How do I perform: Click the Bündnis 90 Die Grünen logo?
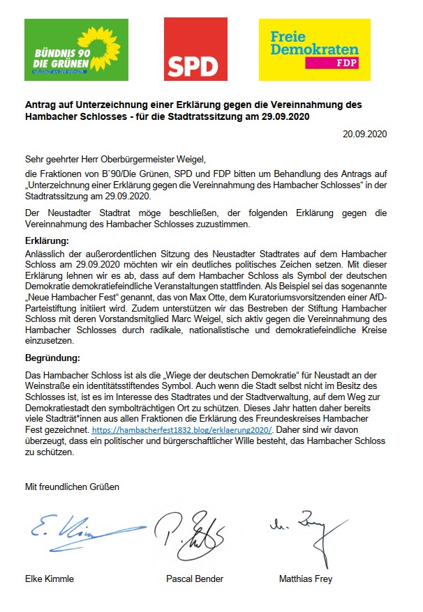point(76,49)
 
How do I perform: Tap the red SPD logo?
point(195,49)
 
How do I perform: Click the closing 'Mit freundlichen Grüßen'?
point(72,487)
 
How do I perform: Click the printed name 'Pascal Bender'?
point(194,579)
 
